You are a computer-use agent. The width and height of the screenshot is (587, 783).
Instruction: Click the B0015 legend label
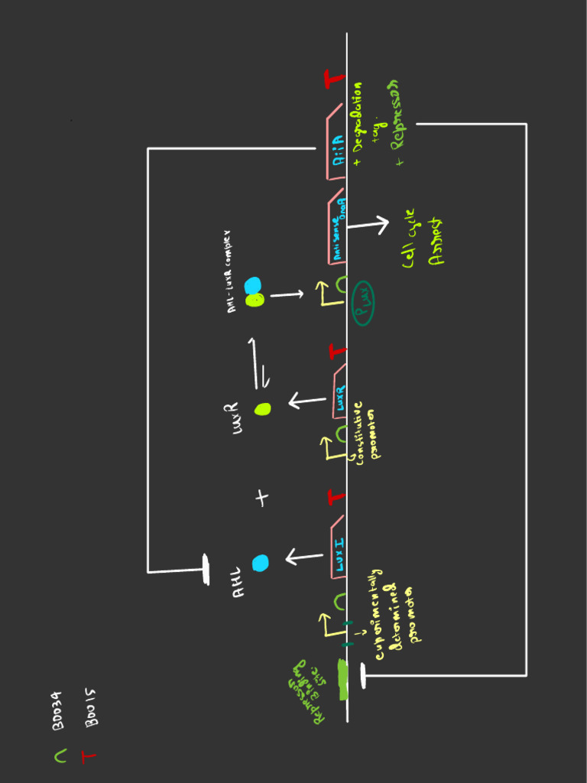pos(89,708)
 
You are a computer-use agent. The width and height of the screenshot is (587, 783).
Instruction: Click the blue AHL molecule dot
pos(261,563)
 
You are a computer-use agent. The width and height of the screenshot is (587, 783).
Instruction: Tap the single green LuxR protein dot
pos(263,409)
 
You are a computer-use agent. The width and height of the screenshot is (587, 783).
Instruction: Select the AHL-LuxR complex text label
pos(234,268)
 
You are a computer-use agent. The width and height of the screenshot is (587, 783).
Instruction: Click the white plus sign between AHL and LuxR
pos(262,499)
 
